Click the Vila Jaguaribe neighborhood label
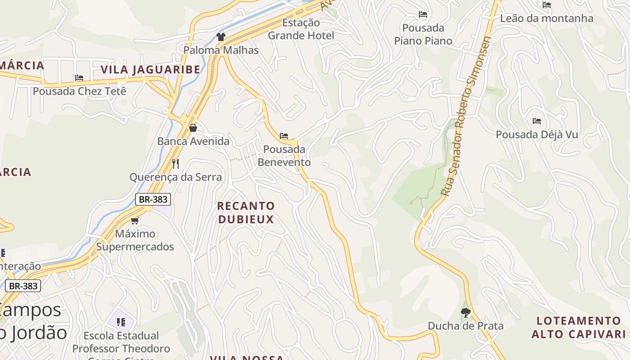tap(150, 70)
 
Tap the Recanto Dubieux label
tap(246, 212)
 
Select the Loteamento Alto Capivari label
tap(578, 327)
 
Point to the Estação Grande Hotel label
tap(301, 29)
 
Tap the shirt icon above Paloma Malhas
tap(220, 37)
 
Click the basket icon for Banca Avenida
tap(193, 128)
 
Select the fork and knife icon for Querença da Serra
tap(175, 163)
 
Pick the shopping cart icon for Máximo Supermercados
tap(135, 220)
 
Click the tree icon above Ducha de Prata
tap(466, 312)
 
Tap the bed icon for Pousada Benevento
tap(284, 136)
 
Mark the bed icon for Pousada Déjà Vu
tap(536, 121)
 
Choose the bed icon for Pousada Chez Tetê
tap(79, 78)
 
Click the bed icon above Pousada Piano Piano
tap(423, 15)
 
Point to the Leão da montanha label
tap(547, 18)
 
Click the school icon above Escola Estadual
tap(121, 322)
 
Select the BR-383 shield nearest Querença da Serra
tap(153, 199)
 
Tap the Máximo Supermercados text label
tap(135, 240)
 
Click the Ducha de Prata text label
tap(465, 326)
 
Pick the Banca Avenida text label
tap(193, 141)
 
